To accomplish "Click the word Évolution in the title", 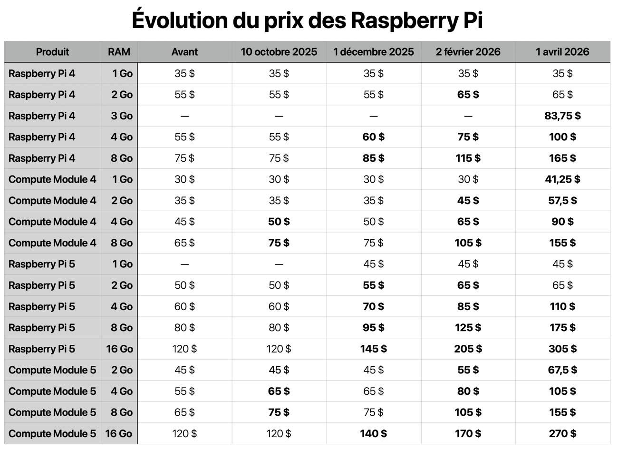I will tap(179, 20).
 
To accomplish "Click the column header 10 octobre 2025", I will tap(279, 52).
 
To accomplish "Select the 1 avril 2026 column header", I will tap(562, 52).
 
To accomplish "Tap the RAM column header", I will tap(119, 52).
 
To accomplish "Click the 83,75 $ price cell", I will tap(562, 116).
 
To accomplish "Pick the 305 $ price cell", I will tap(562, 349).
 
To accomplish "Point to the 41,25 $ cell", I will tap(562, 179).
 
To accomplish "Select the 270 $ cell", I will tap(562, 433).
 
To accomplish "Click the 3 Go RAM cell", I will tap(122, 116).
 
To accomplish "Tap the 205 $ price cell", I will tap(468, 349).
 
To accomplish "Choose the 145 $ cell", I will tap(373, 349).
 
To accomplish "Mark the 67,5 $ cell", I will tap(562, 370).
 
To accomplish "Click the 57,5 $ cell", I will tap(562, 200).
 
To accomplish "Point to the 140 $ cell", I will tap(373, 433).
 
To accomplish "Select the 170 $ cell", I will tap(468, 433).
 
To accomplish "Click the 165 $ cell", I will tap(562, 158).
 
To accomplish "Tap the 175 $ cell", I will tap(562, 328).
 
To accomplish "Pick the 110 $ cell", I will tap(562, 306).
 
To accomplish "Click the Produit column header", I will tap(52, 52).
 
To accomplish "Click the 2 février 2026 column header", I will tap(468, 52).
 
